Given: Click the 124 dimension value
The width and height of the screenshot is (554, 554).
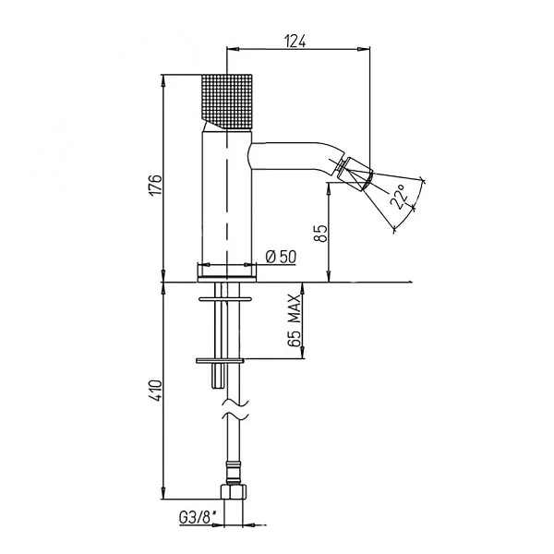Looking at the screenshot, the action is [x=295, y=41].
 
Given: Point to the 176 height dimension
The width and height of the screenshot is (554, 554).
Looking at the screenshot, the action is [x=155, y=184].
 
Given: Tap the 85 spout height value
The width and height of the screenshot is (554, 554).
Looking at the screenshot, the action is [x=320, y=234].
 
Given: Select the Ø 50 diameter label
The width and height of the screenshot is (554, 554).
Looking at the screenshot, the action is [x=281, y=257].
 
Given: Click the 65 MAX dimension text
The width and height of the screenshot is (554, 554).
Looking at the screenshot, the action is [x=295, y=320].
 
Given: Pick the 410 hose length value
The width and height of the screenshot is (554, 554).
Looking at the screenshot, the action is [x=155, y=390].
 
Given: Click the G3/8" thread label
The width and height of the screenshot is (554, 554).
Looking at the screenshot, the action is [x=198, y=518].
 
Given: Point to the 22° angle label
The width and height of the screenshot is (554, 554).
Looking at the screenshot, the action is [x=399, y=197].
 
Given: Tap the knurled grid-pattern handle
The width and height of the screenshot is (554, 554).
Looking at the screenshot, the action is [x=226, y=102].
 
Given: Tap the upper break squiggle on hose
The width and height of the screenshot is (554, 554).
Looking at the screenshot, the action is [x=235, y=403].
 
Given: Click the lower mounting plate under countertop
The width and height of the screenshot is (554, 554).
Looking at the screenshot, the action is [x=220, y=361].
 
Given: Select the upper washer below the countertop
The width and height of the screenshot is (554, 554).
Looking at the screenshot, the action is [x=225, y=299].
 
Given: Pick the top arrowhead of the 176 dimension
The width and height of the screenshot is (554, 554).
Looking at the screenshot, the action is [x=163, y=81].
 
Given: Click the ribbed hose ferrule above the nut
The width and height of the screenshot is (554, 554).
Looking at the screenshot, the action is [x=234, y=473].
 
